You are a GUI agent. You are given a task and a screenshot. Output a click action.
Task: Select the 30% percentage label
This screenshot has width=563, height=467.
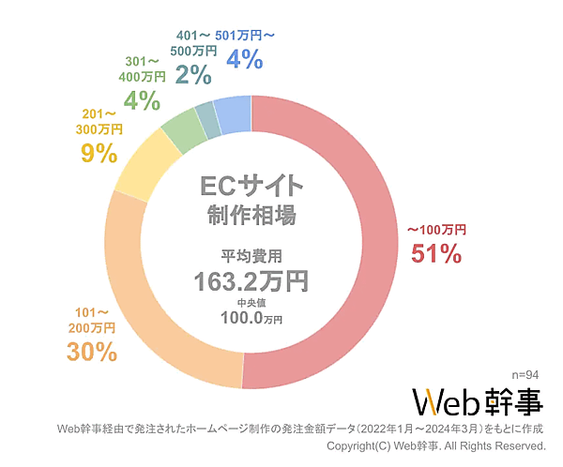point(91,352)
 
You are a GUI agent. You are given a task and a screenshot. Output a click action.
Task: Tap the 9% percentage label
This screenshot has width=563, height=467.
point(99,153)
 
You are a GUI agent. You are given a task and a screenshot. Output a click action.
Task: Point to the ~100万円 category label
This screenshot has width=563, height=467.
point(436,230)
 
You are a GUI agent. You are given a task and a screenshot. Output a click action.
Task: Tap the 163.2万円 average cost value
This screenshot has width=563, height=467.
point(251,279)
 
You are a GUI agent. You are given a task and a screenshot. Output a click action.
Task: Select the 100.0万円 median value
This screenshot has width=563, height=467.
point(251,318)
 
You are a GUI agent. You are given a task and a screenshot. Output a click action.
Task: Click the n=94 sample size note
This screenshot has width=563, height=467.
point(526,372)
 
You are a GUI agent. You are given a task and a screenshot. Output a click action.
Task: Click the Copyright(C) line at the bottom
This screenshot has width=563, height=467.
point(435,445)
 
